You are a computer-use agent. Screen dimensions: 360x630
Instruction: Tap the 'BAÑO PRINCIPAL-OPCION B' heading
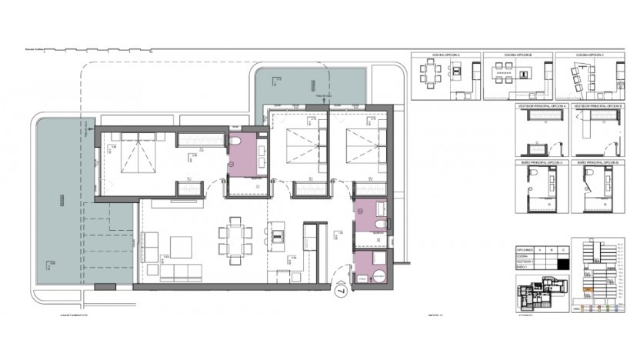[599, 163]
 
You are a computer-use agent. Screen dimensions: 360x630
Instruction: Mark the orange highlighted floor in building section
[588, 289]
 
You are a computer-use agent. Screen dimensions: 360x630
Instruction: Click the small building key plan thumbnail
[541, 294]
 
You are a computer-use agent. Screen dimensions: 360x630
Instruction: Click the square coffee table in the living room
[182, 246]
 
